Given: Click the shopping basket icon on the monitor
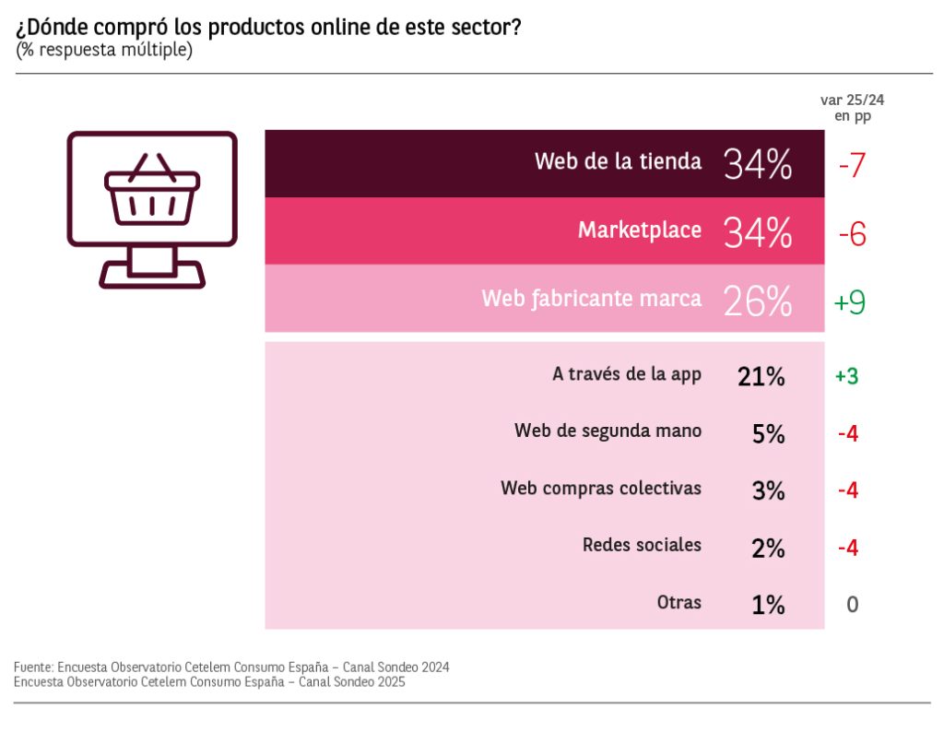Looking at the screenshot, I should click(x=152, y=192).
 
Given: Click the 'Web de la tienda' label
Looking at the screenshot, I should click(x=618, y=161).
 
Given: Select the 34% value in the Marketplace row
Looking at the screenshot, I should click(x=758, y=232).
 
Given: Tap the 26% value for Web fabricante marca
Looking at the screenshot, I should click(x=758, y=301).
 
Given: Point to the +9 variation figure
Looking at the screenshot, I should click(x=849, y=302).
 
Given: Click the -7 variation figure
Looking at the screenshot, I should click(x=851, y=166).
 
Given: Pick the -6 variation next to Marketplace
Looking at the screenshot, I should click(x=852, y=235).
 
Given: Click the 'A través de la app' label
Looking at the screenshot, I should click(x=627, y=374).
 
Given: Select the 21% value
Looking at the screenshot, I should click(x=761, y=376).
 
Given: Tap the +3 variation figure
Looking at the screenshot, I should click(x=847, y=376).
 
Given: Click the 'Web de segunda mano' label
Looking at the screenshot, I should click(x=608, y=431).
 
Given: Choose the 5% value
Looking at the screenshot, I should click(x=768, y=434).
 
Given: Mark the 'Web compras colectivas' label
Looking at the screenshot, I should click(x=601, y=488).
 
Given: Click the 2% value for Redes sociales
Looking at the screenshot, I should click(x=768, y=549).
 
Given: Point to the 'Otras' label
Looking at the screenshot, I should click(x=679, y=603).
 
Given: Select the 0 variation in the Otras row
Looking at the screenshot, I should click(x=852, y=605).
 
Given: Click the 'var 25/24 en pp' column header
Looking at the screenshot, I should click(x=845, y=109).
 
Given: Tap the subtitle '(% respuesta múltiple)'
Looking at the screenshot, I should click(x=103, y=50).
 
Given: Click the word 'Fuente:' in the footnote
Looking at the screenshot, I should click(x=32, y=667).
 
